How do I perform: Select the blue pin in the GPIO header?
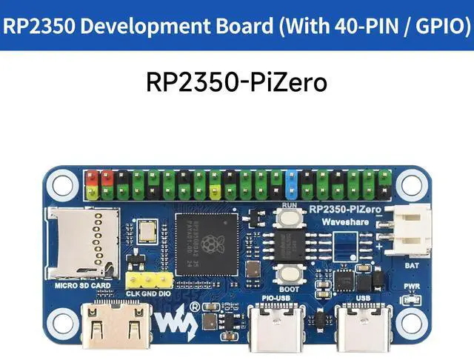[x=291, y=184]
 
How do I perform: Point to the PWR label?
[x=411, y=286]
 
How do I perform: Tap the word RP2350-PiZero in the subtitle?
[x=236, y=81]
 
